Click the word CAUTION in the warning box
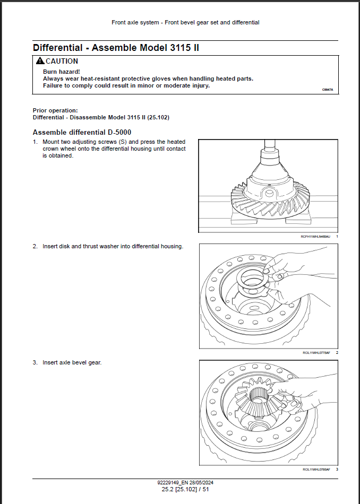pyautogui.click(x=62, y=61)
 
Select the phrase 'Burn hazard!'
pyautogui.click(x=61, y=71)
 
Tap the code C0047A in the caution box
pyautogui.click(x=328, y=90)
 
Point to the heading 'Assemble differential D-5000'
pyautogui.click(x=82, y=132)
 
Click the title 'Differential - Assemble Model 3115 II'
pyautogui.click(x=116, y=48)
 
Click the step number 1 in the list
pyautogui.click(x=35, y=142)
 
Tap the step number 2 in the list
pyautogui.click(x=35, y=246)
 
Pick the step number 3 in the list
pyautogui.click(x=35, y=363)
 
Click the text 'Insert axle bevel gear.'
pyautogui.click(x=72, y=363)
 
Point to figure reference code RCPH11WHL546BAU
pyautogui.click(x=315, y=236)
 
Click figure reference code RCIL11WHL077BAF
pyautogui.click(x=316, y=353)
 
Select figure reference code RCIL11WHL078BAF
pyautogui.click(x=316, y=470)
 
